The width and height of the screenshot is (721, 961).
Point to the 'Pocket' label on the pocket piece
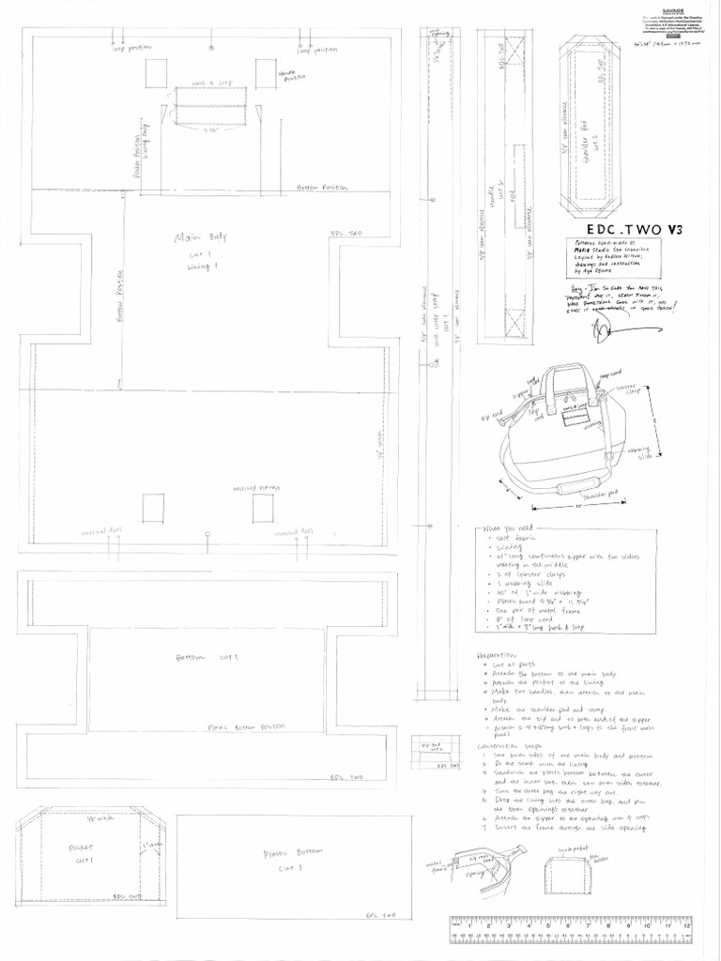click(x=80, y=847)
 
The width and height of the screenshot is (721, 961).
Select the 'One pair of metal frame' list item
click(x=529, y=607)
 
